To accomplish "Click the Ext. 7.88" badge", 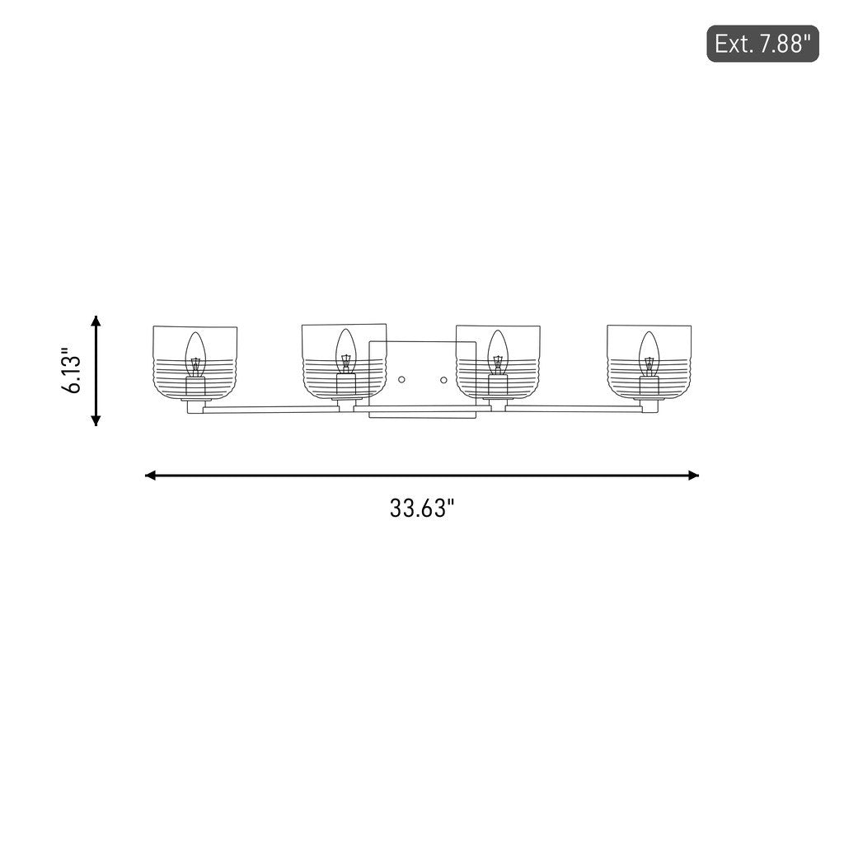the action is click(x=762, y=44).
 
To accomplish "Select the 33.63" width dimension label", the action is click(x=422, y=508).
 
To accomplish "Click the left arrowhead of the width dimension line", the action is click(x=151, y=476).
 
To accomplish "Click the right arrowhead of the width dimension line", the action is click(x=694, y=476).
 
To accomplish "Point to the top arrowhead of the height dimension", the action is click(x=96, y=321).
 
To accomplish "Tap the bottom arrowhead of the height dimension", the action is click(x=96, y=420).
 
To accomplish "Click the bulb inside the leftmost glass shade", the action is click(x=195, y=354).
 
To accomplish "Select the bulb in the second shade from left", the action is click(x=346, y=352).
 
